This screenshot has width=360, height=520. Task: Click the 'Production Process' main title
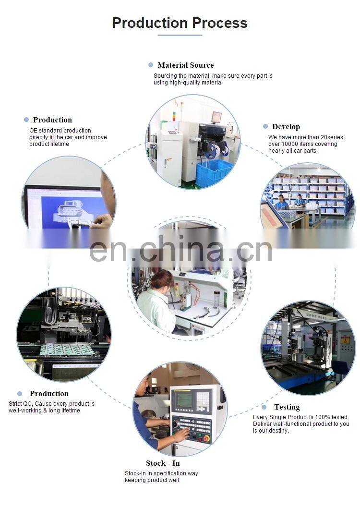pyautogui.click(x=180, y=23)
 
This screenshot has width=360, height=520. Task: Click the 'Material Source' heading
pyautogui.click(x=186, y=65)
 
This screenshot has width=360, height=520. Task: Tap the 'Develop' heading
pyautogui.click(x=286, y=127)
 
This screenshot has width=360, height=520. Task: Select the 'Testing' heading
pyautogui.click(x=287, y=407)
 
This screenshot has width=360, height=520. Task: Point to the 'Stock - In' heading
pyautogui.click(x=163, y=463)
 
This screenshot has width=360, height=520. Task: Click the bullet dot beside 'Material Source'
pyautogui.click(x=151, y=65)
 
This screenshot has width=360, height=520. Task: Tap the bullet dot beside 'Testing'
pyautogui.click(x=264, y=407)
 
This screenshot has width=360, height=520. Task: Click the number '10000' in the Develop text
pyautogui.click(x=290, y=144)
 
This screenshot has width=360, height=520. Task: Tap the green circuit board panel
pyautogui.click(x=68, y=350)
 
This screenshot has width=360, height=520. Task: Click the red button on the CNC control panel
pyautogui.click(x=206, y=439)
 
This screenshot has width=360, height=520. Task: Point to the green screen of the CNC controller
pyautogui.click(x=184, y=400)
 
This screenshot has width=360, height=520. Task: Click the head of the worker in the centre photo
pyautogui.click(x=162, y=279)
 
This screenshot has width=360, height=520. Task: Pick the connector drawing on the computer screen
pyautogui.click(x=72, y=211)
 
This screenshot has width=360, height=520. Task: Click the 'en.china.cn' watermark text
pyautogui.click(x=180, y=249)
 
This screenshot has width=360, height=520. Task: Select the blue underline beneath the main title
pyautogui.click(x=180, y=35)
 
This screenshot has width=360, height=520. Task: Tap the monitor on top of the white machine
pyautogui.click(x=216, y=118)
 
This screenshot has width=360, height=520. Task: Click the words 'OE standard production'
pyautogui.click(x=61, y=130)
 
